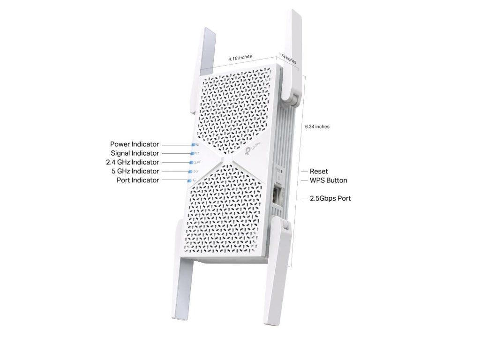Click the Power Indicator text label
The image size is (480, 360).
pos(135,144)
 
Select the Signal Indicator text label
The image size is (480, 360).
pos(135,153)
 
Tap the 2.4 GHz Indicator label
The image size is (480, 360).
pos(132,162)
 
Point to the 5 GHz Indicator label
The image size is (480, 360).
pos(135,171)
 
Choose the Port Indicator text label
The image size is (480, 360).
pos(137,180)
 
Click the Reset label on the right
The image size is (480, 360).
pos(319,172)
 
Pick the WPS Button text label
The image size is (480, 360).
pos(328,180)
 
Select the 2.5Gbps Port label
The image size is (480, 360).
pos(330,198)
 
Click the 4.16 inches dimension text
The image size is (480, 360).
pos(240,57)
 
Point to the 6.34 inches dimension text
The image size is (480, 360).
pos(317,127)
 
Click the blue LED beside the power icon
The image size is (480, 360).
pos(193,145)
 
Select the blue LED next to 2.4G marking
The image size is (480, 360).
pos(191,163)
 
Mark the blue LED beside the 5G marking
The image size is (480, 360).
pos(190,172)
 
